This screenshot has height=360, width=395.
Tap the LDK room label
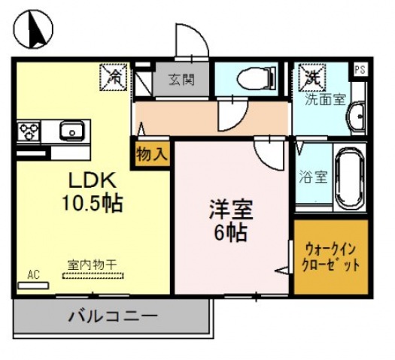tap(91, 180)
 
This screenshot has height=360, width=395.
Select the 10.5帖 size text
tap(92, 203)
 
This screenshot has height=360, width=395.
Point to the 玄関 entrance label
tap(181, 78)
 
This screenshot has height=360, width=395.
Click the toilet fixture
tap(252, 77)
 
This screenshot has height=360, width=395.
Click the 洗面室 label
tap(324, 99)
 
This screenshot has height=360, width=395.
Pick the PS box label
tap(360, 68)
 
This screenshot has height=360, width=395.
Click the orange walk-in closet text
tap(331, 258)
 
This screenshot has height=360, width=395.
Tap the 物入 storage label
tap(153, 153)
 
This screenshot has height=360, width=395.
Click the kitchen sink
tap(74, 132)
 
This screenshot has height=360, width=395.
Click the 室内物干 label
tap(89, 264)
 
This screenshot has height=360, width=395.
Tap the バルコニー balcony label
tap(113, 316)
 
